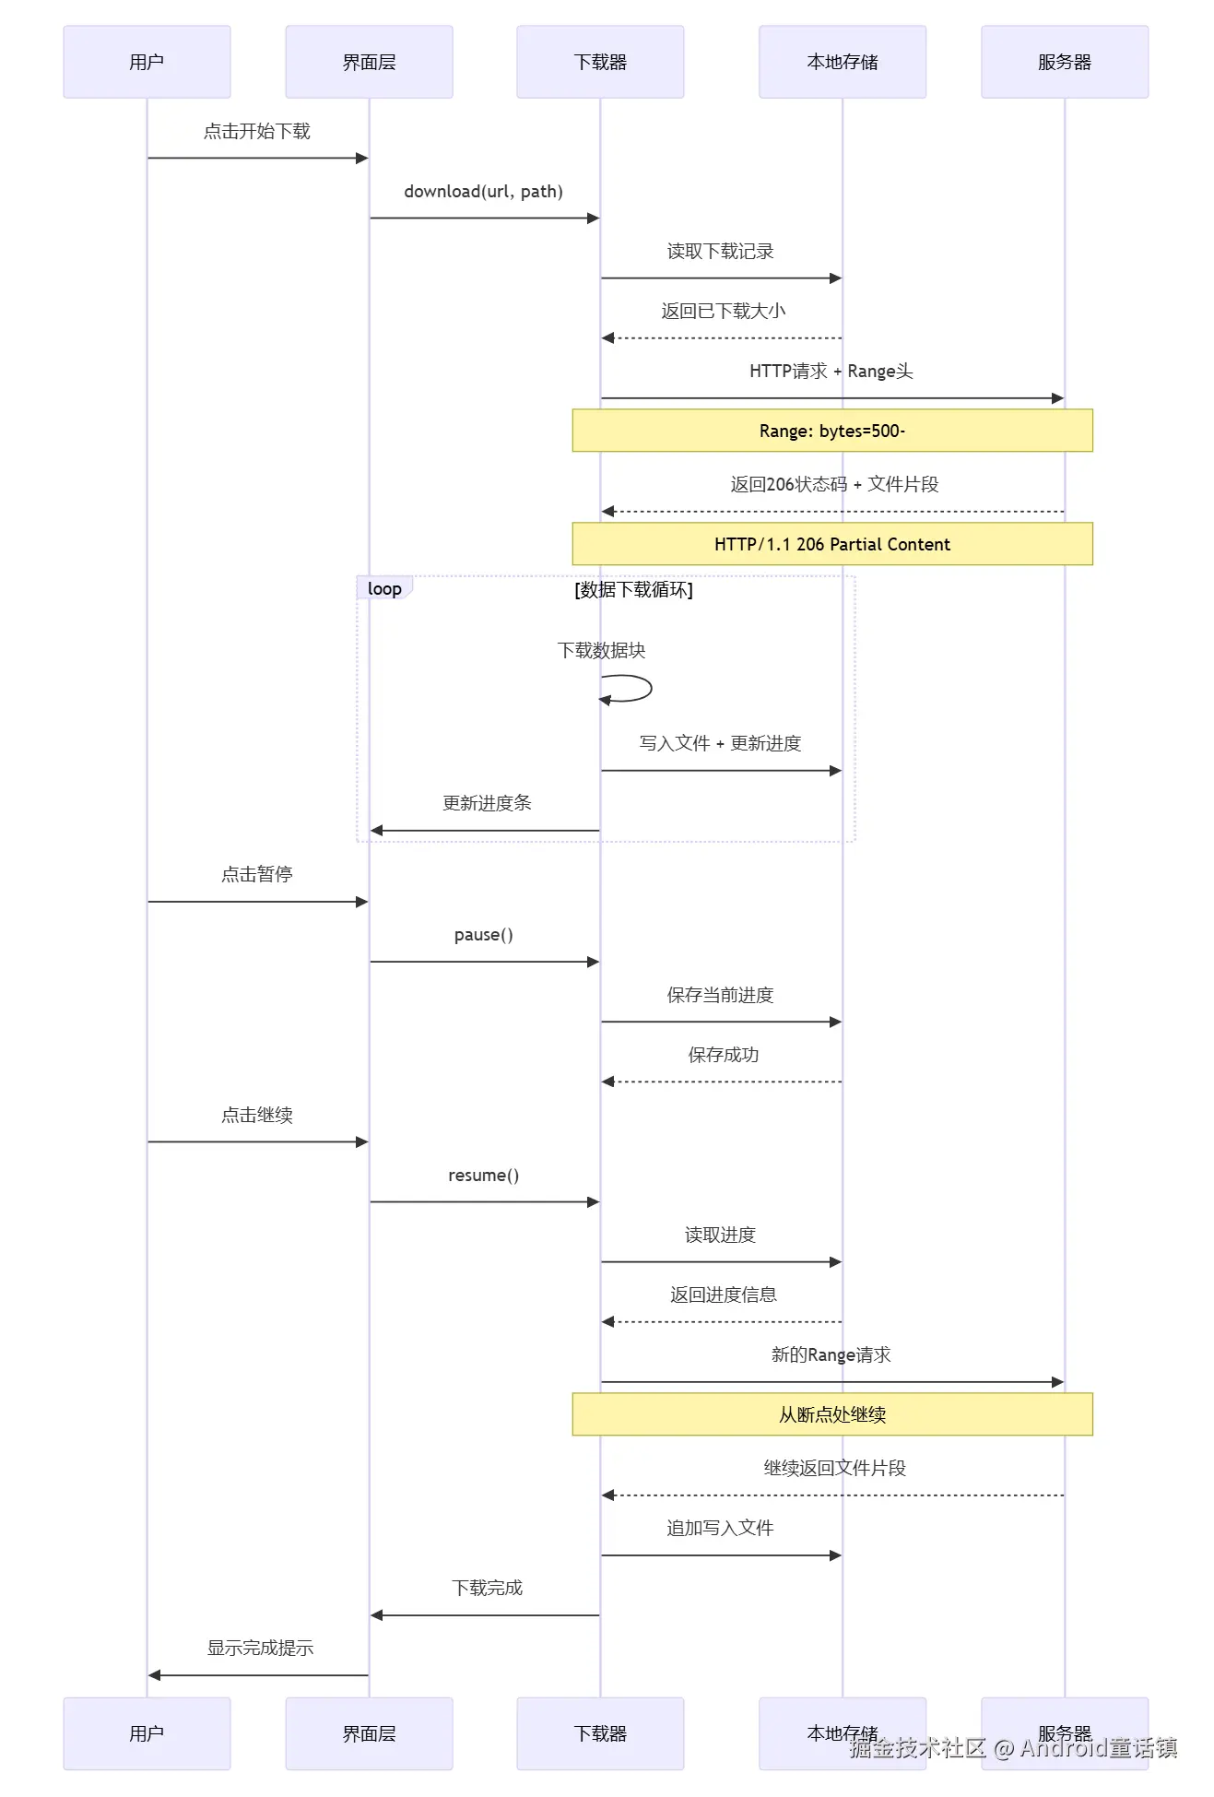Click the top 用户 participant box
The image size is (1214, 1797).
147,62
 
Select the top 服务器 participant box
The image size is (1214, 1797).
1064,62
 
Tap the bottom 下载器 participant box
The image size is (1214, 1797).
600,1732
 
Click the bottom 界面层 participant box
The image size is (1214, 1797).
369,1732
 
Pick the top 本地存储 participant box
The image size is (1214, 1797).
842,62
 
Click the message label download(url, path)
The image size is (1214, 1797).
483,192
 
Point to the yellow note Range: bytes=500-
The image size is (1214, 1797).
831,431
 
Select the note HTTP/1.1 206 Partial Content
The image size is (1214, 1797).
831,544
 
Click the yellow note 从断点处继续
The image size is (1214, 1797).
831,1413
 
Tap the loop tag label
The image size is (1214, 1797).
384,588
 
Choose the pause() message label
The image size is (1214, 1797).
483,935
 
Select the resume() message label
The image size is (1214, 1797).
483,1176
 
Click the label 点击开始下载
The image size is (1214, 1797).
257,131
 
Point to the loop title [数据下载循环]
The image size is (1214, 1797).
633,589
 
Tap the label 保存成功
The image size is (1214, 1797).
723,1055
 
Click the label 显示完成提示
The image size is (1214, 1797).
260,1648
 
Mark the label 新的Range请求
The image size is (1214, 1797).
831,1354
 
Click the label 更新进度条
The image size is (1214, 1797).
487,803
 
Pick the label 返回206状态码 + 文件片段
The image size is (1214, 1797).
834,484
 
